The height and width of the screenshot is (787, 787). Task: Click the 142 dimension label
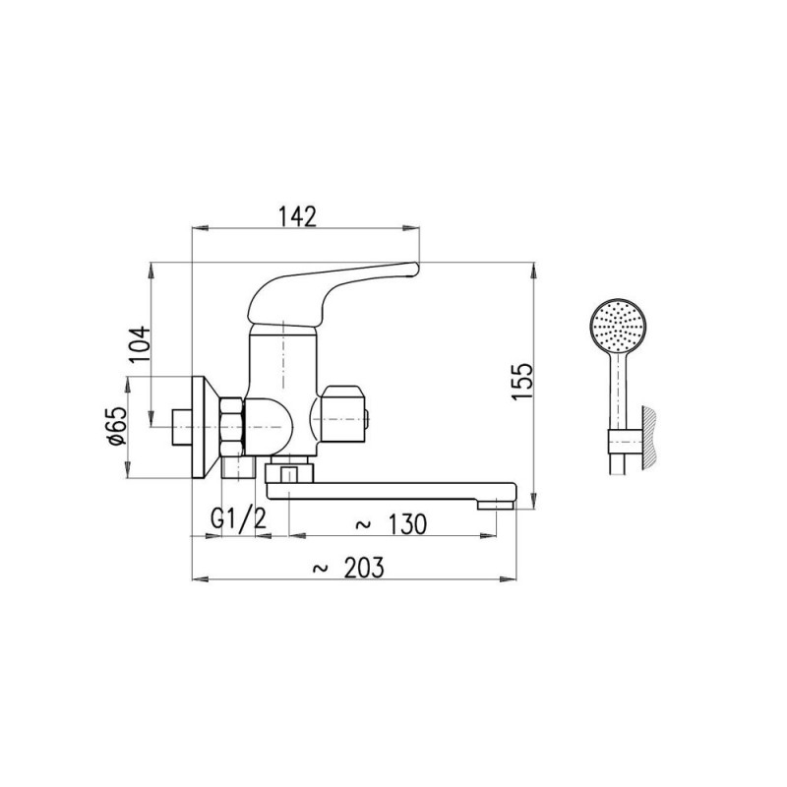pos(298,216)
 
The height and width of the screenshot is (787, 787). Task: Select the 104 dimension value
pos(140,344)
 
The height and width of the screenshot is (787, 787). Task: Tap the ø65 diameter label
pos(117,426)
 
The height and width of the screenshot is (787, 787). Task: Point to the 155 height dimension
pos(522,382)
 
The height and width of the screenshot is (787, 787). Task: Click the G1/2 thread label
pos(238,519)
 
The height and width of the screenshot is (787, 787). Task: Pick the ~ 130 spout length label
pos(391,524)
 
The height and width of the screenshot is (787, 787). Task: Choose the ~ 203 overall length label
pos(348,569)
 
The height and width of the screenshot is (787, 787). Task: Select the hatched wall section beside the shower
pos(649,439)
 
